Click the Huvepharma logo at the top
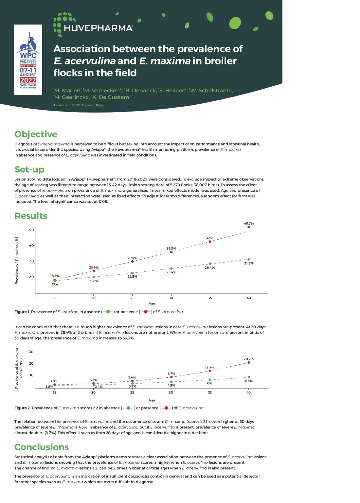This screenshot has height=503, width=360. pyautogui.click(x=93, y=25)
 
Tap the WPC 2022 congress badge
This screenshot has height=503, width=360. pyautogui.click(x=28, y=60)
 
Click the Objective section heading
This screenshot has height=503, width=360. pyautogui.click(x=36, y=134)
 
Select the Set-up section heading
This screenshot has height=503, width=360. pyautogui.click(x=29, y=169)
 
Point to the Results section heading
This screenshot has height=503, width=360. pyautogui.click(x=31, y=216)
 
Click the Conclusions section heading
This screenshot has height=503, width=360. pyautogui.click(x=42, y=447)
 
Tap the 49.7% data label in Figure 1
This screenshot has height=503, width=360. pyautogui.click(x=249, y=223)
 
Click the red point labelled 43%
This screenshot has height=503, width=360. pyautogui.click(x=210, y=241)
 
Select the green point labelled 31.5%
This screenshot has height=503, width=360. pyautogui.click(x=249, y=259)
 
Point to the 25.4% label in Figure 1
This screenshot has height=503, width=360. pyautogui.click(x=171, y=272)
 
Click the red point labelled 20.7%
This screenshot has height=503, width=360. pyautogui.click(x=249, y=362)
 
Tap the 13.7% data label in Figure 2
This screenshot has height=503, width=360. pyautogui.click(x=209, y=368)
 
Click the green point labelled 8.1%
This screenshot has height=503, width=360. pyautogui.click(x=249, y=377)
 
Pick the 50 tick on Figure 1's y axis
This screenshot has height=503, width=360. pyautogui.click(x=31, y=230)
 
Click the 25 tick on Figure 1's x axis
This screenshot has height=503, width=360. pyautogui.click(x=132, y=298)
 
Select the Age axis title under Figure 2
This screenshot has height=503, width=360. pyautogui.click(x=152, y=400)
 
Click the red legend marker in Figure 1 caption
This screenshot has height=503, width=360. pyautogui.click(x=145, y=312)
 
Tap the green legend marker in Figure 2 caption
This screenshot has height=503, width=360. pyautogui.click(x=128, y=408)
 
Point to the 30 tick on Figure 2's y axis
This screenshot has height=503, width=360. pyautogui.click(x=31, y=352)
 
